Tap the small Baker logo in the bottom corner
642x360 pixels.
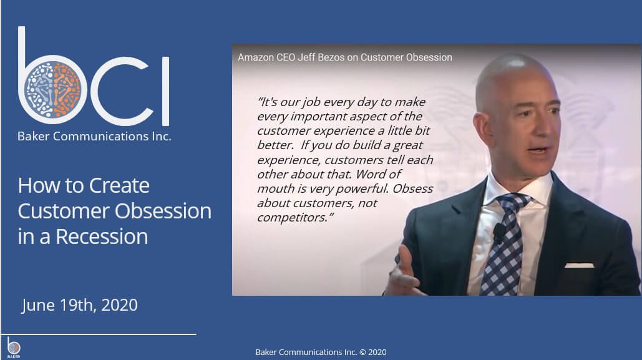pyautogui.click(x=14, y=348)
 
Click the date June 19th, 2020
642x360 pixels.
pyautogui.click(x=79, y=305)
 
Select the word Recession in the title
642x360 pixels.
pyautogui.click(x=102, y=236)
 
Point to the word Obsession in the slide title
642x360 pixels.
pyautogui.click(x=163, y=211)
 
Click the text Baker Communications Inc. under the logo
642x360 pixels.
pyautogui.click(x=94, y=137)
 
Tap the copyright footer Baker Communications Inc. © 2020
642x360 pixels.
pyautogui.click(x=321, y=353)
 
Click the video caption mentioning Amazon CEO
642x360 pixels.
pyautogui.click(x=345, y=57)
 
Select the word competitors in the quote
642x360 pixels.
pyautogui.click(x=293, y=218)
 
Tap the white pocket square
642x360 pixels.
pyautogui.click(x=580, y=266)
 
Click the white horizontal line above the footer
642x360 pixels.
pyautogui.click(x=99, y=334)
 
